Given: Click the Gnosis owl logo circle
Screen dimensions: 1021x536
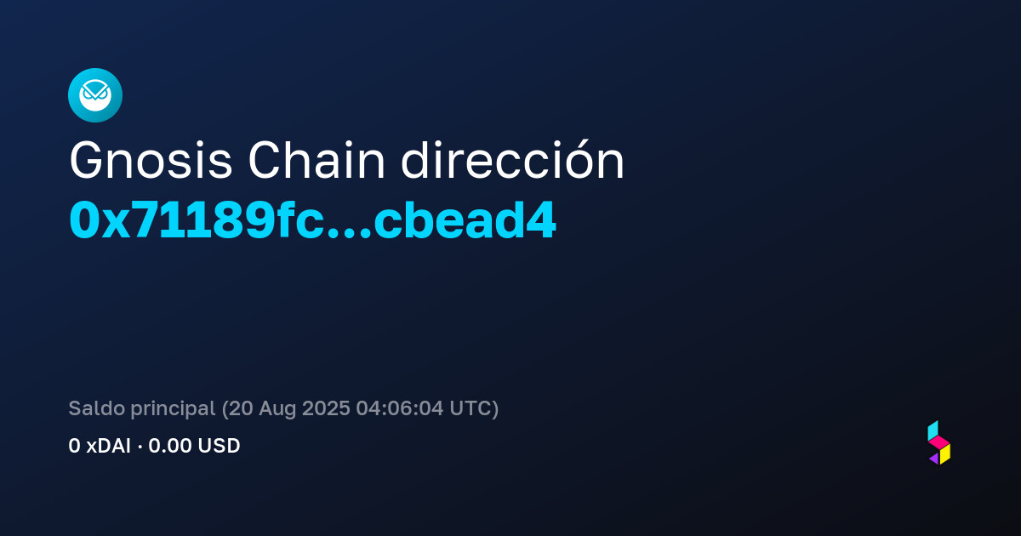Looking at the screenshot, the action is (95, 95).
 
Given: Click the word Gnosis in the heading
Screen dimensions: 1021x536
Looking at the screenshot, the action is (151, 161).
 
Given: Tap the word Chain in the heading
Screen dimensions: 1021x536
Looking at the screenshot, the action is (317, 160).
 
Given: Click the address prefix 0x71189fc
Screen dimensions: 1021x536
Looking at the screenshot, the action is (197, 220).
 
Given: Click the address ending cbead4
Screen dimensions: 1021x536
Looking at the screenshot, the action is (465, 220).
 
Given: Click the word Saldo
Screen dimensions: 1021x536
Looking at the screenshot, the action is (97, 408).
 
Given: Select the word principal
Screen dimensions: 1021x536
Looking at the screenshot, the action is (173, 409).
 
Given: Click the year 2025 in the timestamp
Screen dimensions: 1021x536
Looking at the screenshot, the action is (326, 408).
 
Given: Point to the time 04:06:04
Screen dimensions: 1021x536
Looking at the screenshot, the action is (399, 408).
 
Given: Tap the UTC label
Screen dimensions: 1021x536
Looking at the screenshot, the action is (471, 408).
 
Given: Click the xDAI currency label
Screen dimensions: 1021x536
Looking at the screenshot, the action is (109, 446).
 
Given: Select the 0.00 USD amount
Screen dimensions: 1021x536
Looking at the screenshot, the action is (194, 446).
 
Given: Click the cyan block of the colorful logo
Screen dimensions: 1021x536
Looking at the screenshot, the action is (933, 431).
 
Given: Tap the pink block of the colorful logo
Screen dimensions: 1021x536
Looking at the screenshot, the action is (939, 442).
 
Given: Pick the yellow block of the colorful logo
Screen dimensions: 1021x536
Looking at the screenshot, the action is (945, 454).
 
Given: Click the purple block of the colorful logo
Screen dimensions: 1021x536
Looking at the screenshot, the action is (934, 459).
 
